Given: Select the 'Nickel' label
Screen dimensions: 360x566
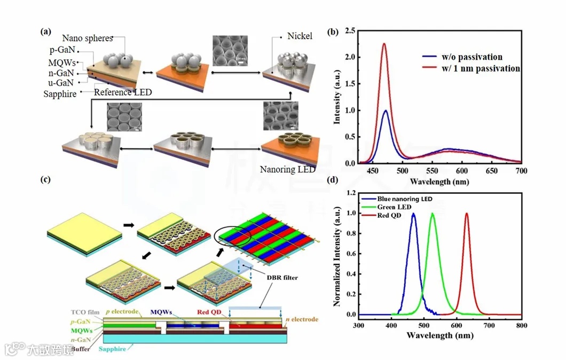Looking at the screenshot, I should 300,36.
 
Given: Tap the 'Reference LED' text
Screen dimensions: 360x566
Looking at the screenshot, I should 123,92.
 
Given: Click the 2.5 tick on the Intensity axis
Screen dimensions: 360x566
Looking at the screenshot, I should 349,32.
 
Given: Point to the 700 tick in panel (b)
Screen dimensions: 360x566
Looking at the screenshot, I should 521,171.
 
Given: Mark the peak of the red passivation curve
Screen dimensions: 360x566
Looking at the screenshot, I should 384,44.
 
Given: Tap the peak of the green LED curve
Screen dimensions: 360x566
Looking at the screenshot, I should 433,214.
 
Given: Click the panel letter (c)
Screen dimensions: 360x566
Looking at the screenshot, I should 46,179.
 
